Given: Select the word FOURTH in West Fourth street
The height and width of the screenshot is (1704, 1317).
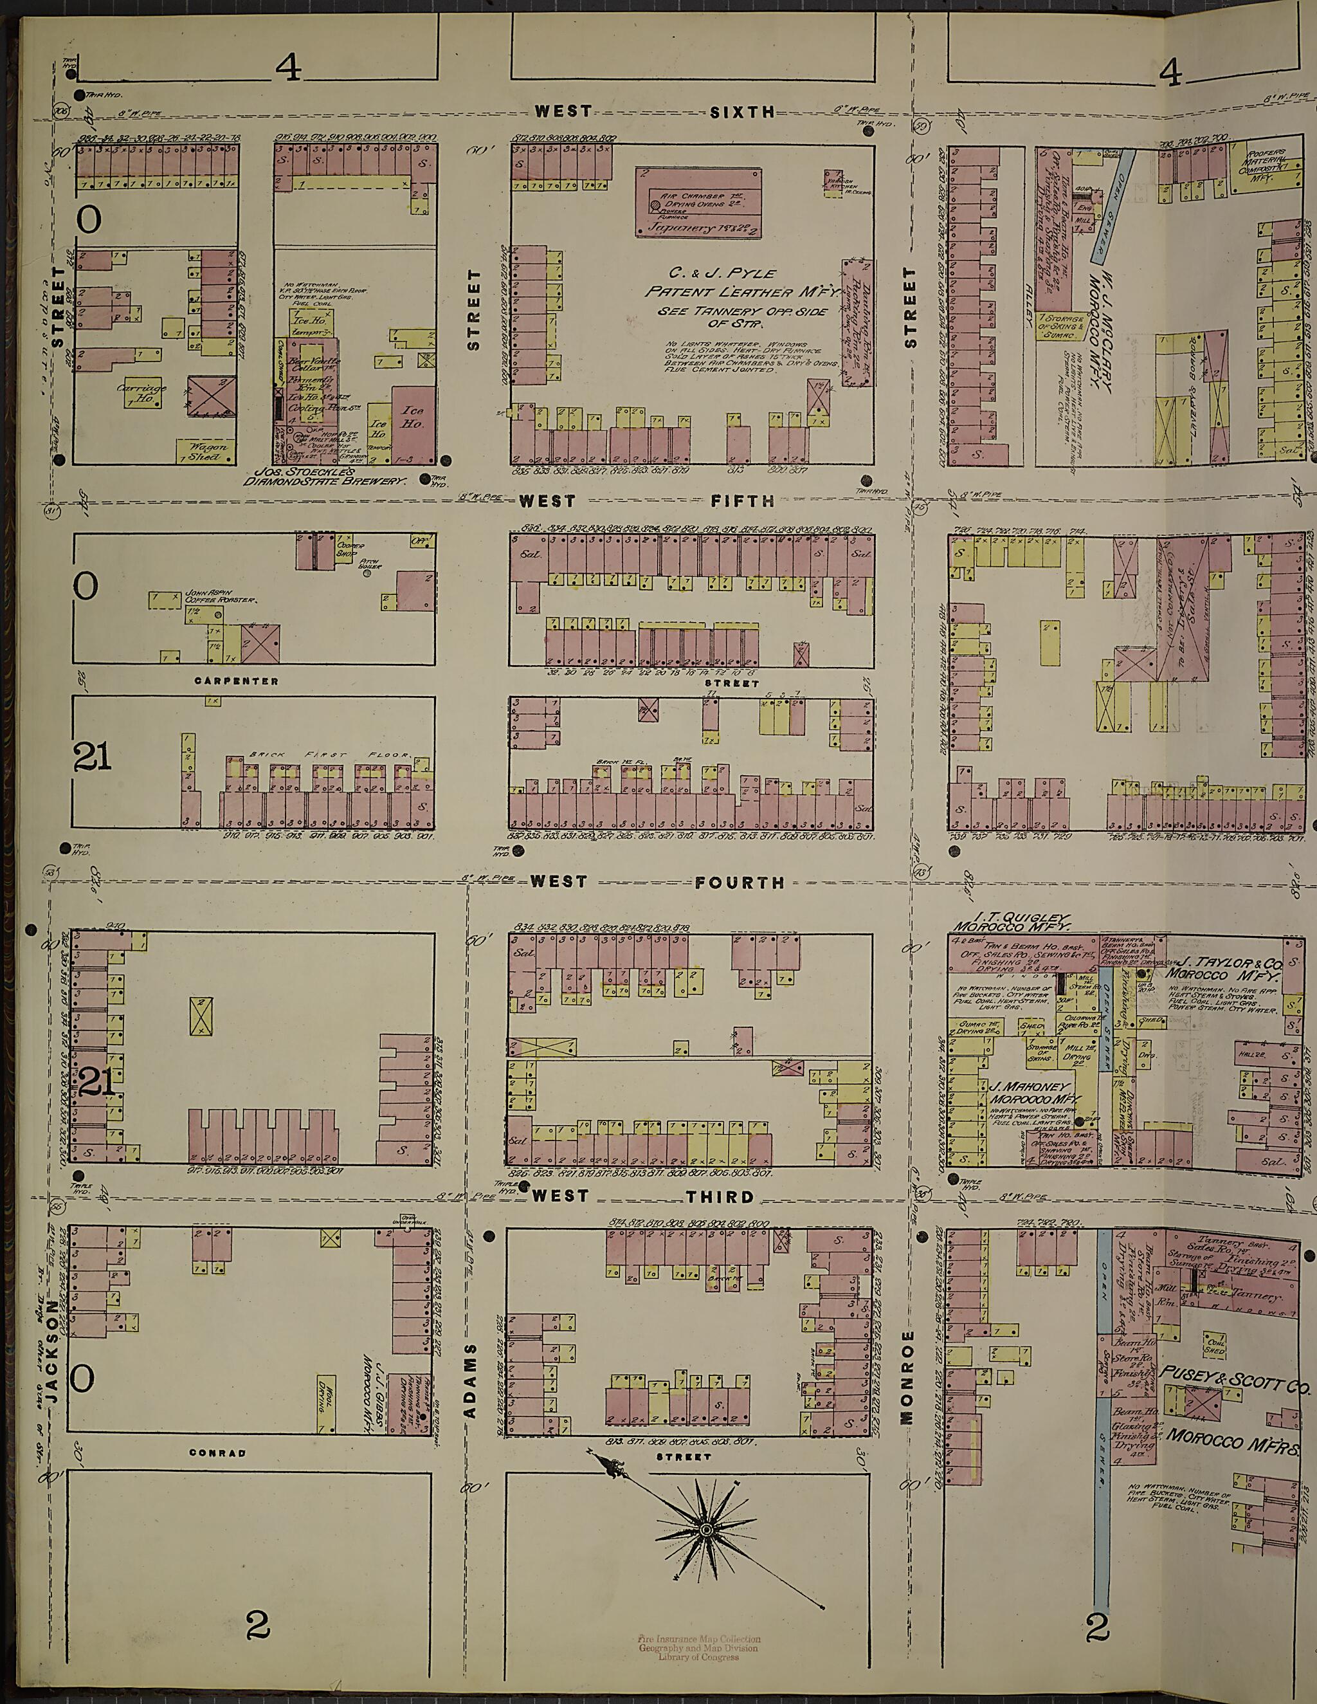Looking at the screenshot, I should [739, 883].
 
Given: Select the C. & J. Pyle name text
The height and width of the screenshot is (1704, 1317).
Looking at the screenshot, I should [722, 273].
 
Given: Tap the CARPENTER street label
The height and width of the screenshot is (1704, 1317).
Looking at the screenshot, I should [237, 681].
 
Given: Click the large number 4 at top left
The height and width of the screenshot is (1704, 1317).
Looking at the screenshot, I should [288, 71].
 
